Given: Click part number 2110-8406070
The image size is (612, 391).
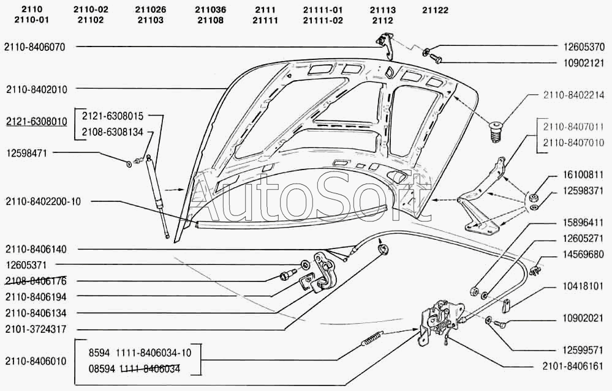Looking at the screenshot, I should (x=34, y=47).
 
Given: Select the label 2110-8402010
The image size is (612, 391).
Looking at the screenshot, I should (x=36, y=89).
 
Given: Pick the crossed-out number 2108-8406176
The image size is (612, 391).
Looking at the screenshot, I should (x=36, y=281).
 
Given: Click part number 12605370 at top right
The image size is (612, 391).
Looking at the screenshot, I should (x=584, y=47).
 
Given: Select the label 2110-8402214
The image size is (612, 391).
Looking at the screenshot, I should (x=573, y=95).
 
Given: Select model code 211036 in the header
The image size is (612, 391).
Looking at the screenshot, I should (x=210, y=10).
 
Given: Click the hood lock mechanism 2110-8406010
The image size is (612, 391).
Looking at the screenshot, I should (x=439, y=321).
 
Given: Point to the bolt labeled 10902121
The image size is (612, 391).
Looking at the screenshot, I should (x=438, y=59).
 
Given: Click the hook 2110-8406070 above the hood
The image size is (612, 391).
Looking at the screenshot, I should (x=385, y=45).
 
